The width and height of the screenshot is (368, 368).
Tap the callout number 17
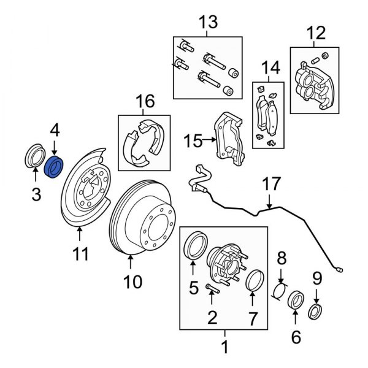pyautogui.click(x=270, y=185)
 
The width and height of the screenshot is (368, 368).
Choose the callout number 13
pyautogui.click(x=208, y=23)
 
